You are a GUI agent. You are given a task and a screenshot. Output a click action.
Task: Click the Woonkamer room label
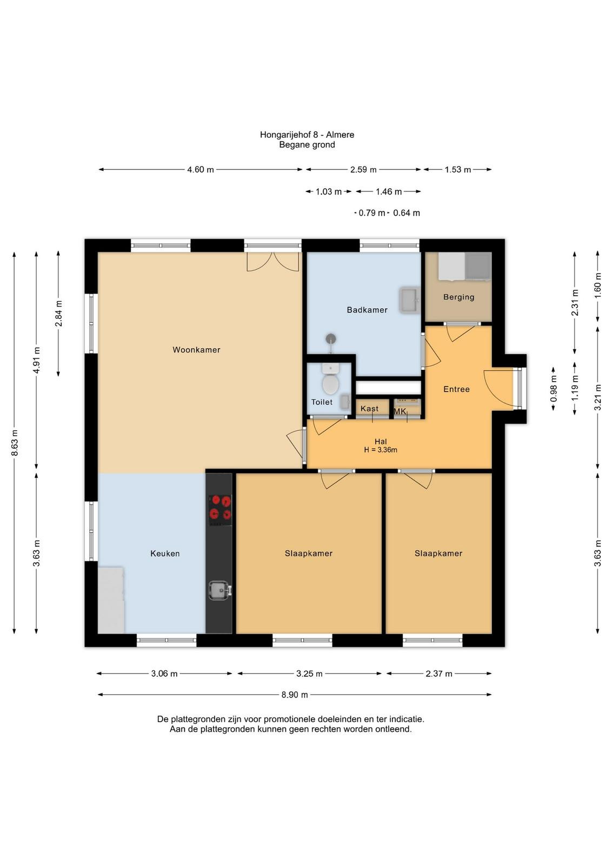tap(196, 350)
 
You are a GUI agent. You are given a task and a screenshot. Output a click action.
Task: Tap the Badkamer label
tap(367, 310)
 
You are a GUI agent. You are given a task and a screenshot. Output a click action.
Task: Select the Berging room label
tap(458, 297)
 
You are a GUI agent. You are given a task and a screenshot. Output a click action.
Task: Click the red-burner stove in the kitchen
tap(220, 510)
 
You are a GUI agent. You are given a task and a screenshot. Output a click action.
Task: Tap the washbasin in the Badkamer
tap(409, 300)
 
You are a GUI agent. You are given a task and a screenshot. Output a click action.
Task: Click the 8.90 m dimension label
tap(295, 695)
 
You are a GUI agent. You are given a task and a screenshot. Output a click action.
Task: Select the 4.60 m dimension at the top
tap(201, 170)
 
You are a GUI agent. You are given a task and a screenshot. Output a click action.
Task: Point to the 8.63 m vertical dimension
tap(15, 443)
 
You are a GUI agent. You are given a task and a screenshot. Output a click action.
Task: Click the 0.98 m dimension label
tap(553, 389)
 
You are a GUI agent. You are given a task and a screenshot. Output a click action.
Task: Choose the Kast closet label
tap(369, 409)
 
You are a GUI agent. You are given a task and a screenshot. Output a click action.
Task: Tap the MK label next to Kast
tap(400, 411)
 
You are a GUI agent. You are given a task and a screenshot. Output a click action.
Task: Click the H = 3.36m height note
tap(380, 449)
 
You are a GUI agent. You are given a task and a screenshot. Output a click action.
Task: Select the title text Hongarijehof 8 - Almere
tap(307, 135)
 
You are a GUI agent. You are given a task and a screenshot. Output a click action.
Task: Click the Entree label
tap(456, 389)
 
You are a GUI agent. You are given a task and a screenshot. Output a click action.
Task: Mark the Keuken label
tap(165, 554)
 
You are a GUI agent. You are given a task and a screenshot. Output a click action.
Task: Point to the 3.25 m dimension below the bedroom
tap(309, 674)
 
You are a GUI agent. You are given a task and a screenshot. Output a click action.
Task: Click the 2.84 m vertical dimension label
tap(58, 313)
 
